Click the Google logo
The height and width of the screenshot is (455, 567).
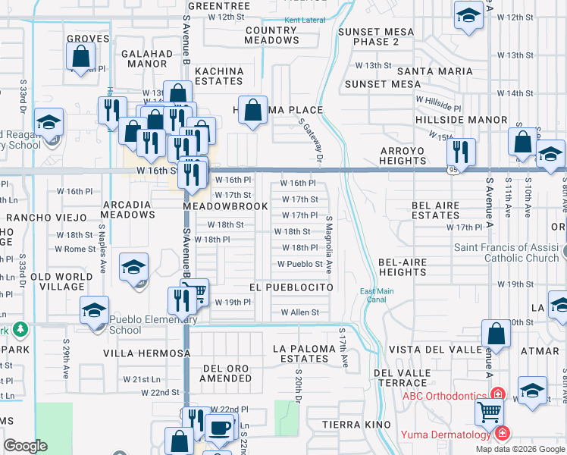(25, 446)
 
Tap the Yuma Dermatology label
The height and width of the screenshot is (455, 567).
(446, 435)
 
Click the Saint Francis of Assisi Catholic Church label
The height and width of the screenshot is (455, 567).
(506, 253)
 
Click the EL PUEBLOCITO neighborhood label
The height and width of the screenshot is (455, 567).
(291, 288)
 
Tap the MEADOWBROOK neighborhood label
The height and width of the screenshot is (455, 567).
(225, 206)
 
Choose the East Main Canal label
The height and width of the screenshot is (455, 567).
(377, 297)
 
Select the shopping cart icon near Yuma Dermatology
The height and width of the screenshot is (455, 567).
(490, 413)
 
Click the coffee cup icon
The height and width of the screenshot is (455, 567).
(219, 427)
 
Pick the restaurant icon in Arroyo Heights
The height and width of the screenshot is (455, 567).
(460, 151)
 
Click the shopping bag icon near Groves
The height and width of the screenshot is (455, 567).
(80, 55)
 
